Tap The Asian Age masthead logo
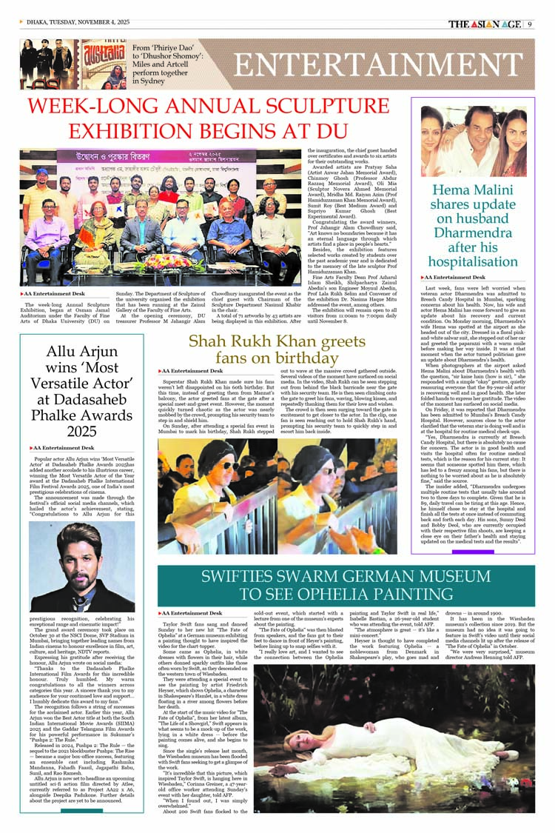[485, 23]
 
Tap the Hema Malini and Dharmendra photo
[462, 141]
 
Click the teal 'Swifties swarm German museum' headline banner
[346, 585]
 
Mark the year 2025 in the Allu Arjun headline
[83, 432]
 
